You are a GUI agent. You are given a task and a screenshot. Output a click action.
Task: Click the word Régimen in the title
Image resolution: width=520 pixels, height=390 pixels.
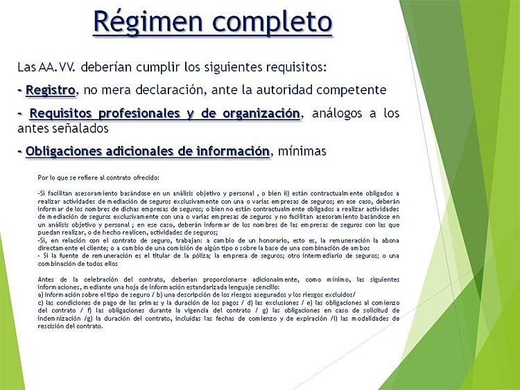(148, 22)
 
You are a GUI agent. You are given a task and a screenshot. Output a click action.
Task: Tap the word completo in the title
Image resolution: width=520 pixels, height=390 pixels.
(272, 23)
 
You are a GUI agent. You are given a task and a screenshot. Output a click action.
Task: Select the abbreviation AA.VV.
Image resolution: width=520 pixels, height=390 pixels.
(57, 67)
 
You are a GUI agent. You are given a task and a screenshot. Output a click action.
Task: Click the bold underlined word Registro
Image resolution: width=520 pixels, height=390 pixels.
(51, 90)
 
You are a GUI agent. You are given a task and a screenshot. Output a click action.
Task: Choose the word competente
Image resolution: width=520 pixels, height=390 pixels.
(352, 91)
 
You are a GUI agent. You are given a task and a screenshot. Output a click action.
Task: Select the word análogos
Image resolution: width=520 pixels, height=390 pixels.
(337, 114)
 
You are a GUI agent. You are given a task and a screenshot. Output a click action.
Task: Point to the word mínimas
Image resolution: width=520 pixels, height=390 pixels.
(302, 151)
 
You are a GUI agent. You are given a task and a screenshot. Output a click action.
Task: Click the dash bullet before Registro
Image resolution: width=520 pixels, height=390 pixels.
(20, 91)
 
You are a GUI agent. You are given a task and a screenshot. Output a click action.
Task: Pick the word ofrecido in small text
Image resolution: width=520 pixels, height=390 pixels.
(146, 177)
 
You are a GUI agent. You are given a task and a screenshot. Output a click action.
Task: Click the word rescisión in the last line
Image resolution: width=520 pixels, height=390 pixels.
(49, 326)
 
